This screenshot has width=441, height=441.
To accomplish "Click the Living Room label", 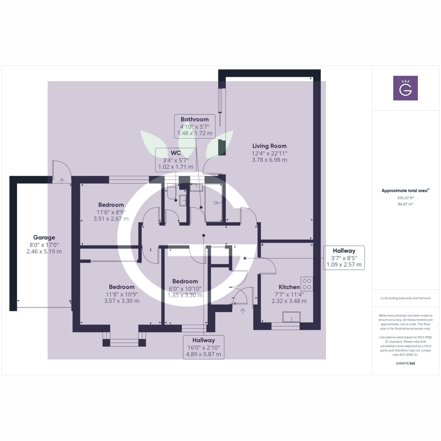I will [269, 146].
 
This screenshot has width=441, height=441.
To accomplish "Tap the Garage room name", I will [44, 237].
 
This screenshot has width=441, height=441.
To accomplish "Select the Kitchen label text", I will [289, 287].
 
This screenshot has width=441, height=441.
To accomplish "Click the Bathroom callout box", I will [194, 126].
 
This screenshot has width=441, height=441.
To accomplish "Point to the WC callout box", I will [176, 159].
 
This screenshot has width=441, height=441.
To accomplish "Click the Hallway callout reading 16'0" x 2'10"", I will [204, 347].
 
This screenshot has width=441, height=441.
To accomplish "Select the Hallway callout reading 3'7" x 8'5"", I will [344, 258].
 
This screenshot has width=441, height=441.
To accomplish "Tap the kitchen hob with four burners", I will [307, 284].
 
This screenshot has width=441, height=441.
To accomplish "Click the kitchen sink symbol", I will [291, 317].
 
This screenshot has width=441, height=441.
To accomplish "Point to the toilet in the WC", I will [172, 193].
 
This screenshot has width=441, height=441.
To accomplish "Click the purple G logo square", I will [405, 88].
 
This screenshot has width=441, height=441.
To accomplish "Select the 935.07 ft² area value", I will [405, 198].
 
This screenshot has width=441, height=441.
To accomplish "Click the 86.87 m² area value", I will [405, 204].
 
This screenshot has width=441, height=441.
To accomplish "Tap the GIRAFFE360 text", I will [405, 363].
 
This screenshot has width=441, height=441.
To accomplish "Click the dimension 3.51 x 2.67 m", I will [111, 219].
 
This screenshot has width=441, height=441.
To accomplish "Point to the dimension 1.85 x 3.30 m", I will [185, 295].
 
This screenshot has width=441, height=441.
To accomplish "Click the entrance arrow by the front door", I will [243, 311].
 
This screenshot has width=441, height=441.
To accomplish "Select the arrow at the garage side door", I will [62, 180].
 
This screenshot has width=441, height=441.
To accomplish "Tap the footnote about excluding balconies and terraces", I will [405, 298].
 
